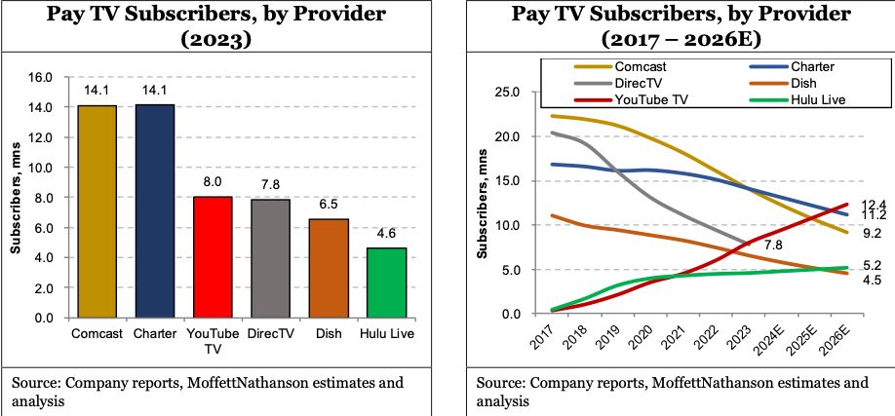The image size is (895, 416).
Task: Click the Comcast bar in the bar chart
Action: coord(97,211)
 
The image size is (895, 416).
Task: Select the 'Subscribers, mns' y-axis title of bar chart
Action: coord(16,196)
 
